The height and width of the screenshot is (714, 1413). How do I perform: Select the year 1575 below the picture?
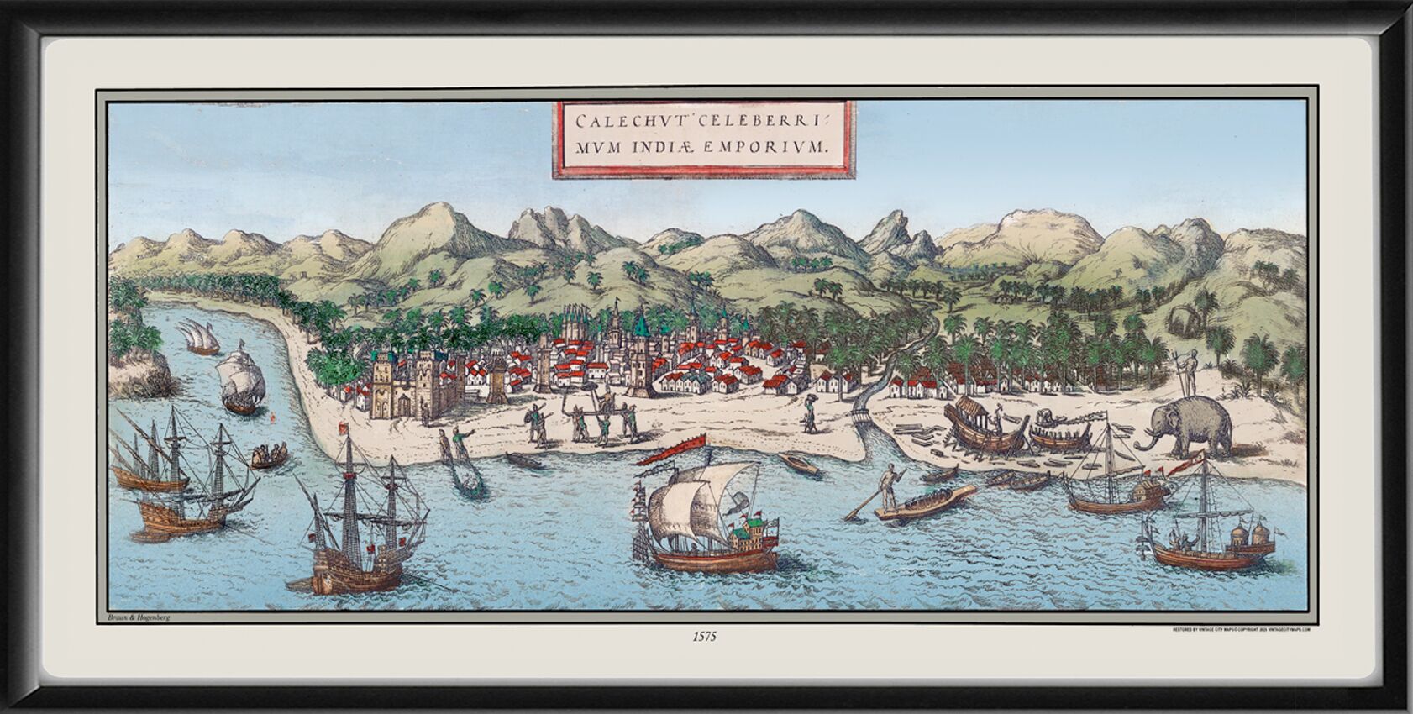click(705, 637)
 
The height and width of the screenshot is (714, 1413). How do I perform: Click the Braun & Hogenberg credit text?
click(139, 617)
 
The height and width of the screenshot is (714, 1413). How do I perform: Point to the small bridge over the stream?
click(859, 417)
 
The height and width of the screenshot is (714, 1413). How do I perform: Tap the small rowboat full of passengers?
click(267, 456)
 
